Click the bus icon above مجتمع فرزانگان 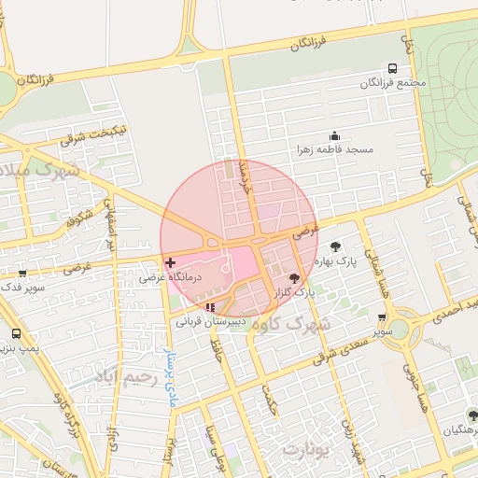[392, 68]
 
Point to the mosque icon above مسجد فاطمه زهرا [334, 136]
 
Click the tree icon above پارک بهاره [335, 246]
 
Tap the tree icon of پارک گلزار [295, 278]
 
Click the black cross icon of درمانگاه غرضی [169, 263]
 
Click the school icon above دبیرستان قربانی [209, 306]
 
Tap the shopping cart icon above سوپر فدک [22, 273]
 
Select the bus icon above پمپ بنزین [16, 333]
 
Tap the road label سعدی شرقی [344, 349]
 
